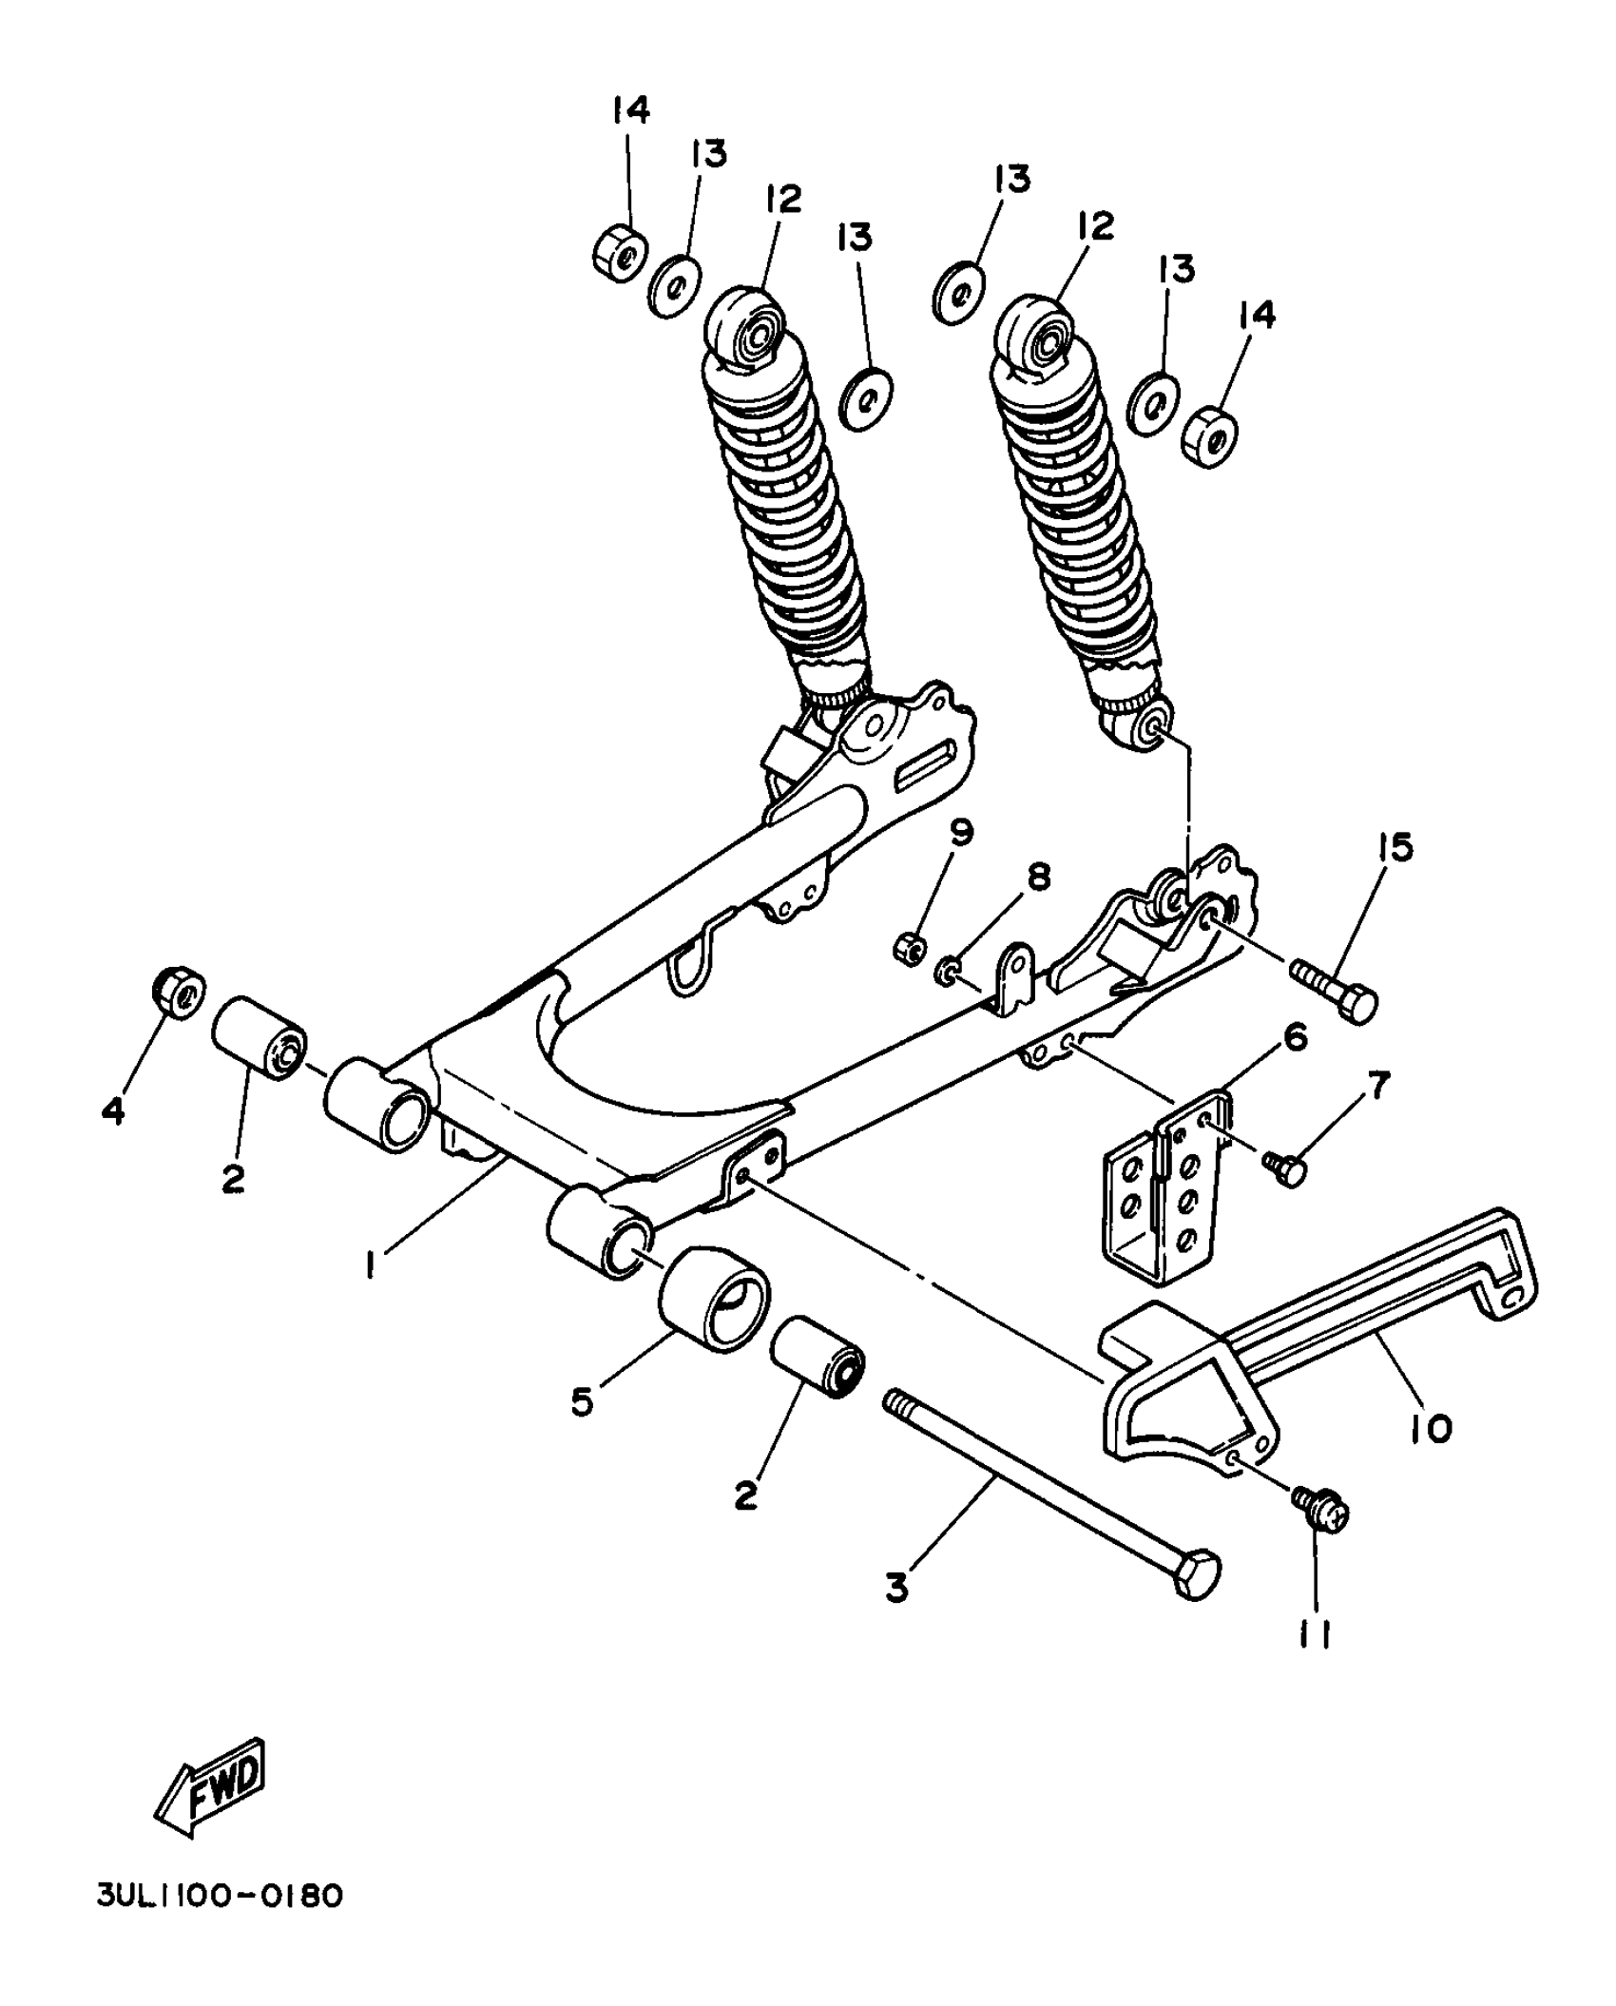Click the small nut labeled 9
point(908,947)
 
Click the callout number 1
point(373,1264)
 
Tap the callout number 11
point(1315,1634)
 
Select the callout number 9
point(962,834)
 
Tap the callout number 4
point(113,1109)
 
